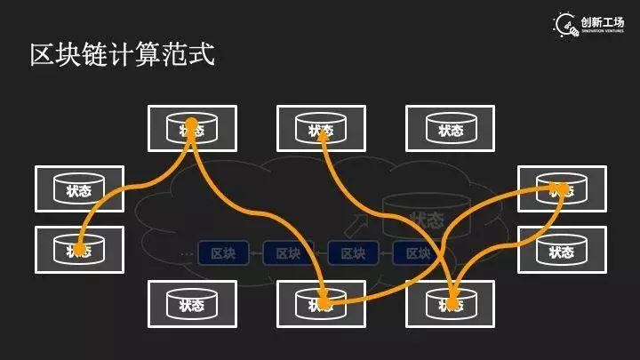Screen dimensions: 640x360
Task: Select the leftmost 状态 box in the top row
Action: coord(192,129)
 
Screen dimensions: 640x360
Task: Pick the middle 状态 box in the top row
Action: coord(321,129)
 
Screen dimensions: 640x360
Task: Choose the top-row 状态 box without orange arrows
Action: coord(450,129)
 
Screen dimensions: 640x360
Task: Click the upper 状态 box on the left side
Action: coord(79,188)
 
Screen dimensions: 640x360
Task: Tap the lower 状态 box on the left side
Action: coord(79,249)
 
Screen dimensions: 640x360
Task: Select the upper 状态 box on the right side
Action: coord(561,188)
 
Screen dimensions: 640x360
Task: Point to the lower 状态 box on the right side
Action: coord(561,249)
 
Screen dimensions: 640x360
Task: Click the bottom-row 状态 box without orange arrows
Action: coord(192,304)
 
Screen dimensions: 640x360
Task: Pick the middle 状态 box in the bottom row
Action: coord(321,304)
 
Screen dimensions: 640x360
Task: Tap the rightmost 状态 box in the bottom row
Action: coord(450,304)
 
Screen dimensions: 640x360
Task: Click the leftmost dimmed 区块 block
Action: coord(222,253)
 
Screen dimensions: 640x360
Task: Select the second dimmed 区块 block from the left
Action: coord(287,253)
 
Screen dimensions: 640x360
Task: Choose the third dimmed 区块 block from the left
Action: coord(353,253)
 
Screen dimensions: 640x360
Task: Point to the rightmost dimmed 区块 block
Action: coord(418,253)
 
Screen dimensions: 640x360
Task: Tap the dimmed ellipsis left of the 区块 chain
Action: coord(186,254)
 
